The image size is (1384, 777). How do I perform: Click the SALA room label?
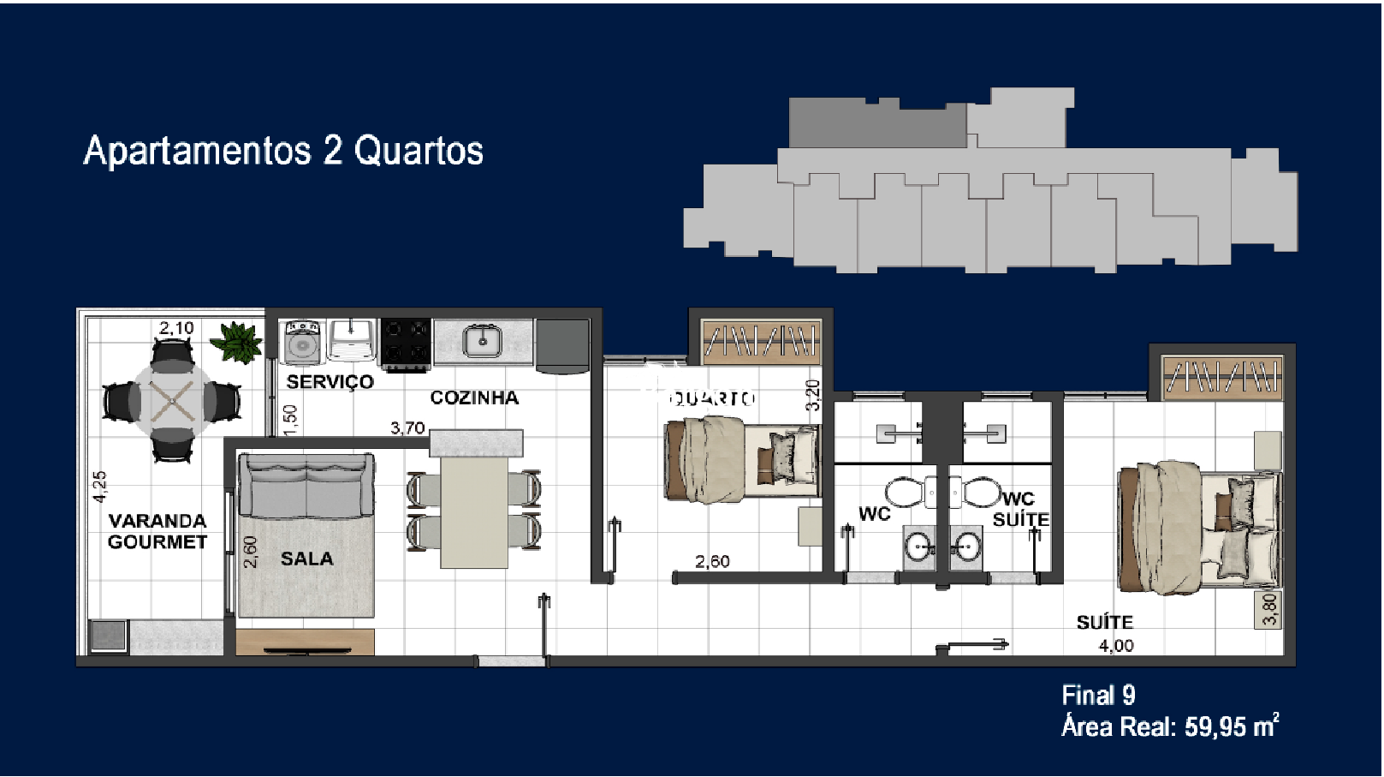tap(306, 559)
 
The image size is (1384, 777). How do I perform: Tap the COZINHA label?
tap(474, 397)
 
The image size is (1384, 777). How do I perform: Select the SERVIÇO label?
tap(330, 381)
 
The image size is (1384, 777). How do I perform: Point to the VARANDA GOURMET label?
tap(157, 531)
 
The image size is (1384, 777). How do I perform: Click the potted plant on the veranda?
tap(237, 342)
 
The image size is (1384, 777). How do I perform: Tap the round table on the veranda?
tap(172, 400)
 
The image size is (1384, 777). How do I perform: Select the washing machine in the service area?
tap(301, 342)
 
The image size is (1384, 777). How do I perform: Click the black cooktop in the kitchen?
tap(406, 343)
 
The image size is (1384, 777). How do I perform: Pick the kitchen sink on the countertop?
tap(483, 341)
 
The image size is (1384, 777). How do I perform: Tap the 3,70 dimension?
tap(407, 427)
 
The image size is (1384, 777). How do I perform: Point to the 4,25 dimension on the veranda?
tap(100, 486)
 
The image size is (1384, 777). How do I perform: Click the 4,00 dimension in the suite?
tap(1116, 646)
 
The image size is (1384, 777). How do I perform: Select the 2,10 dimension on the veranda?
tap(176, 328)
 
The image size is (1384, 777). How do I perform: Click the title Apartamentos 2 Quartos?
tap(283, 151)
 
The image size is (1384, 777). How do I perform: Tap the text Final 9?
tap(1098, 695)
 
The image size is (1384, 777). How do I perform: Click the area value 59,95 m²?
tap(1231, 726)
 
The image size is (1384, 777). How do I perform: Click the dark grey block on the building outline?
tap(876, 124)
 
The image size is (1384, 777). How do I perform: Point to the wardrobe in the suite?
tap(1222, 375)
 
